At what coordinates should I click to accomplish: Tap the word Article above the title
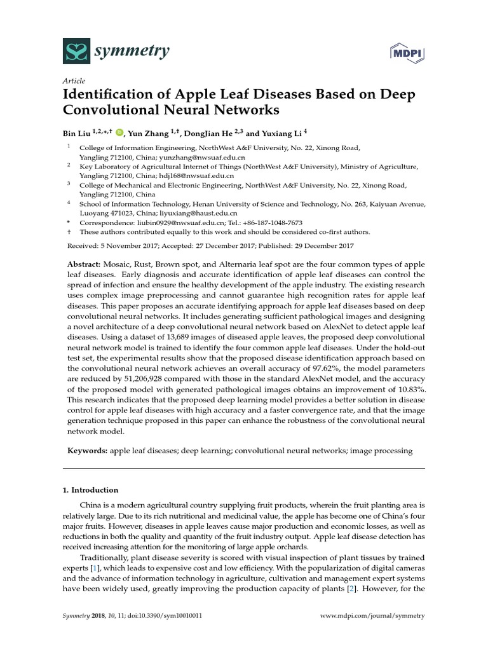click(73, 81)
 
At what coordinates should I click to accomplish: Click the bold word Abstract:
click(87, 264)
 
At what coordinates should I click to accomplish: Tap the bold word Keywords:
click(88, 451)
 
